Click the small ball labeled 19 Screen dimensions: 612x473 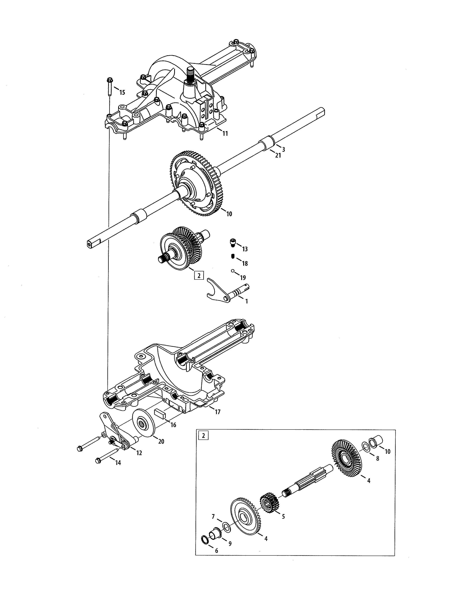233,271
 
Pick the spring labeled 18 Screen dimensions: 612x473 233,256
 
